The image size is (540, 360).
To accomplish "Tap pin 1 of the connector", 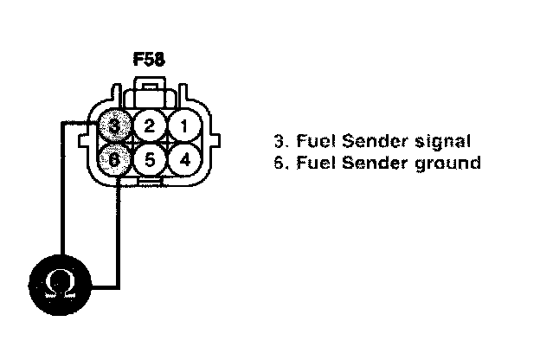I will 183,125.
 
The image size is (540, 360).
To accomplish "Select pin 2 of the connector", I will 150,126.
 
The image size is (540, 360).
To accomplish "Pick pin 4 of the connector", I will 183,159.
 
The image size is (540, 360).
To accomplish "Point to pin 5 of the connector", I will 150,160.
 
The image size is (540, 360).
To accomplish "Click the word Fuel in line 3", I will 308,141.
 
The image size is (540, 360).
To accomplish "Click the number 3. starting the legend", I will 279,141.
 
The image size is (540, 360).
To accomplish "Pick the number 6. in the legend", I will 279,162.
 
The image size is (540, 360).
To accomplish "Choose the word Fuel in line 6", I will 308,162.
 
